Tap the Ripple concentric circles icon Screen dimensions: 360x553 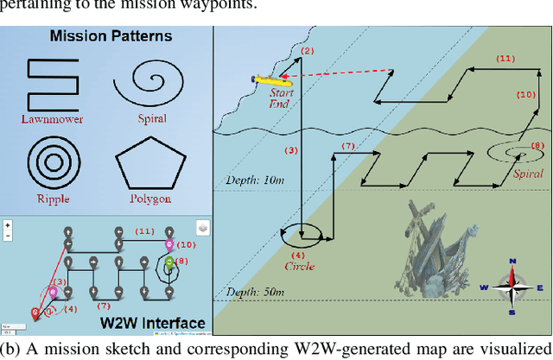coord(59,161)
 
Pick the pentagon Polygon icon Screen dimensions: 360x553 coord(151,161)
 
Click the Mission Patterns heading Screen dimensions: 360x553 coord(111,36)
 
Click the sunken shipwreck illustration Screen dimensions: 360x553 coord(442,251)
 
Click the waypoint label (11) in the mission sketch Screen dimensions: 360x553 coord(505,58)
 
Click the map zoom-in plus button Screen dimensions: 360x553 coord(8,224)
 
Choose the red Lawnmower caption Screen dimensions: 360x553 coord(59,119)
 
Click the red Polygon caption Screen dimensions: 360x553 coord(151,199)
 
